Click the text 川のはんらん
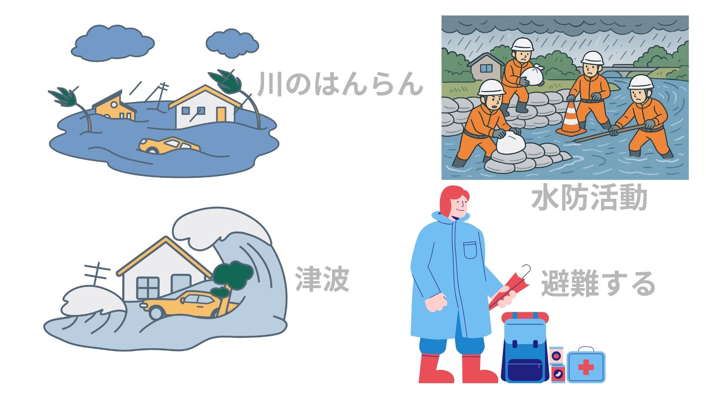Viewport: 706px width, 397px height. (340, 84)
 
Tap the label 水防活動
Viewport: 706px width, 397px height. (589, 198)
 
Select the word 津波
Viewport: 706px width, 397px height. (322, 279)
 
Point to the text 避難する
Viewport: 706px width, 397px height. (598, 283)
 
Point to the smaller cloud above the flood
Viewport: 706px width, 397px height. (232, 44)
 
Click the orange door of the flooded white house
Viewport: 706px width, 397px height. (221, 114)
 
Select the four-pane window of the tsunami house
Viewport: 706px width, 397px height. (148, 288)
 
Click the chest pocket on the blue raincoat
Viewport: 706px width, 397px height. (470, 250)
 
